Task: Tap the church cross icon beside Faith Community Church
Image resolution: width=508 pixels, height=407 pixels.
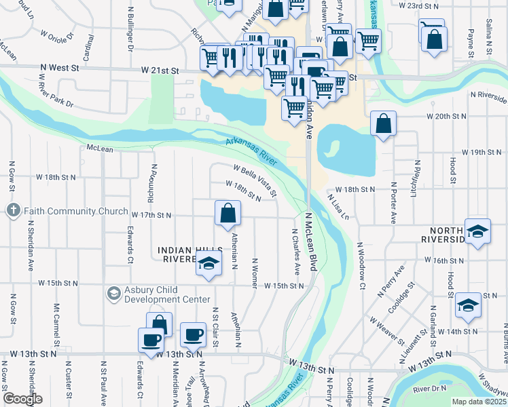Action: (x=13, y=210)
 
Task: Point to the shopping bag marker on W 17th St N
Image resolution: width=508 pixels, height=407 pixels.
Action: (x=228, y=213)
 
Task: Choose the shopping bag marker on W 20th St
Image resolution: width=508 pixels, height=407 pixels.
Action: (x=384, y=124)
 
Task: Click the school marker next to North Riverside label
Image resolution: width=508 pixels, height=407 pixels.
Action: (x=477, y=231)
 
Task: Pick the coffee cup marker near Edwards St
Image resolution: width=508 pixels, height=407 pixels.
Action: (x=151, y=339)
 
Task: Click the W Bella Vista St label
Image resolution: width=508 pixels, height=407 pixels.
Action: (x=255, y=179)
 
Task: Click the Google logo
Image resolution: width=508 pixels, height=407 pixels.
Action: (x=22, y=399)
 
